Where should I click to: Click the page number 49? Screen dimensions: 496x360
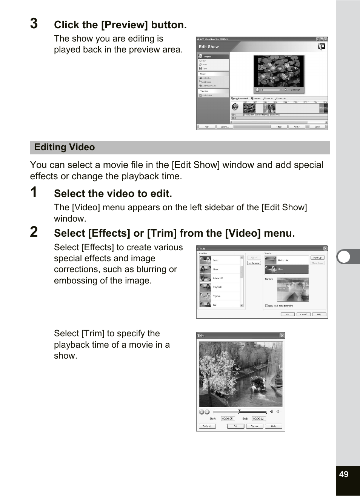(x=343, y=474)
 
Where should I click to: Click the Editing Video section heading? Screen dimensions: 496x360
(x=65, y=147)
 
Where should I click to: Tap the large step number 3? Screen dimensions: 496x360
(x=34, y=24)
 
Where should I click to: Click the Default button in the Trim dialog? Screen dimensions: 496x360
(x=207, y=427)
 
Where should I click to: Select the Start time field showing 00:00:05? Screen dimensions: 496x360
(x=228, y=419)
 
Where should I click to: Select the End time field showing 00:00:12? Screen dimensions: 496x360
(x=259, y=419)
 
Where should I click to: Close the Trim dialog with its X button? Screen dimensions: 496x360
(x=282, y=336)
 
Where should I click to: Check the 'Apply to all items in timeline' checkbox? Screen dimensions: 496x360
(x=266, y=306)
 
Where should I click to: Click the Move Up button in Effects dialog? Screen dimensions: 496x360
(x=317, y=257)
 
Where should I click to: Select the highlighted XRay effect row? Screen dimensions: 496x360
(x=286, y=269)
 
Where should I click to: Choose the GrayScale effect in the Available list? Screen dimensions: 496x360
(x=217, y=287)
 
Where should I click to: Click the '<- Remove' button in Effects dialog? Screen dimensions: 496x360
(x=254, y=263)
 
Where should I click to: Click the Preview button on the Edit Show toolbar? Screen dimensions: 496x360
(x=256, y=99)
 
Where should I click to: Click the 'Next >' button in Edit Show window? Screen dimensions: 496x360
(x=297, y=127)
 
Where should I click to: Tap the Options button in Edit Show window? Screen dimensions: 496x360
(x=225, y=127)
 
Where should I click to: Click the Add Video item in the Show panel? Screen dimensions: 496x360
(x=206, y=78)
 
